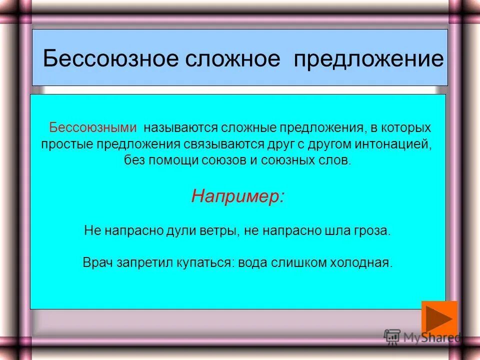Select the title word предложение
point(368,59)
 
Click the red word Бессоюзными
point(92,127)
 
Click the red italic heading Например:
point(238,196)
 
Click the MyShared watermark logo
point(422,337)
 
